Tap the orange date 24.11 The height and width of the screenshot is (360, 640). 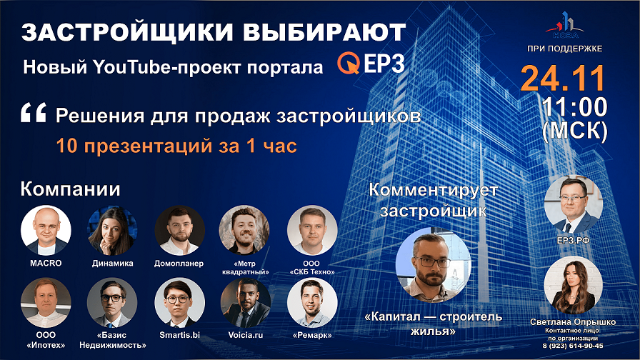point(562,79)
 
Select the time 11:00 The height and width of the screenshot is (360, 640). point(574,107)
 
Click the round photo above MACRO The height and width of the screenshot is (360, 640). point(46,231)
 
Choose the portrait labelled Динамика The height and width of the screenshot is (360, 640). point(112,231)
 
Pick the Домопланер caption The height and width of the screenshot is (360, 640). point(179,263)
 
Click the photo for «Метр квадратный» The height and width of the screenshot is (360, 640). point(246,231)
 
